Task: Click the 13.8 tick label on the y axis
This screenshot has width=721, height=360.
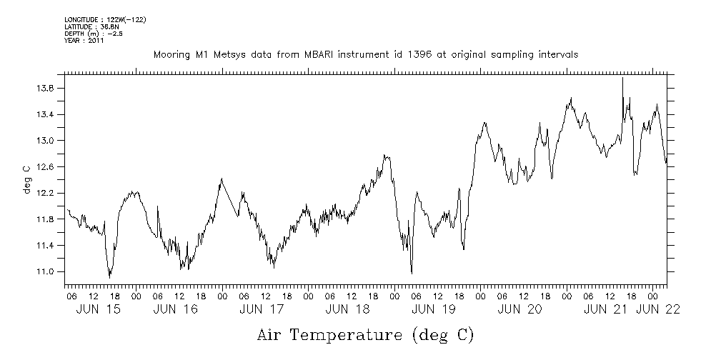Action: (47, 89)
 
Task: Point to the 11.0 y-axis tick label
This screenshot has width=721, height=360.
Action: (47, 272)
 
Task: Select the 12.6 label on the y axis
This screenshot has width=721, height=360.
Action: (47, 167)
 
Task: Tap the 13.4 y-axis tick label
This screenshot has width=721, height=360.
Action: (47, 115)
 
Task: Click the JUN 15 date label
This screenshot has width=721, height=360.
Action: (99, 310)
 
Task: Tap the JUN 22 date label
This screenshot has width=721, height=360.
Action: (658, 310)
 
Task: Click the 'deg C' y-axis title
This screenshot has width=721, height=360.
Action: (26, 179)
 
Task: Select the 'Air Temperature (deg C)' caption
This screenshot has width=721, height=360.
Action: (366, 334)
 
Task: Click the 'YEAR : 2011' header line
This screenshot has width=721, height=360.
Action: (84, 41)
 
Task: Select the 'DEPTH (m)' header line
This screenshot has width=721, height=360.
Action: (94, 34)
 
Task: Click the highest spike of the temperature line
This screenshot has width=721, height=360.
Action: (622, 77)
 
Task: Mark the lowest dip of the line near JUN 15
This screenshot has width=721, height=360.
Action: (109, 276)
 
